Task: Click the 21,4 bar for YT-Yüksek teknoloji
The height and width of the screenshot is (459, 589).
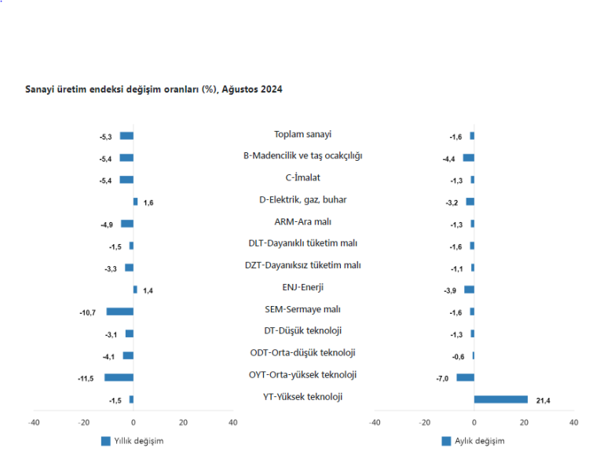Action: tap(501, 399)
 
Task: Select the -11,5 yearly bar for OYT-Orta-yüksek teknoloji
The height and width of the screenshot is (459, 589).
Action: tap(119, 377)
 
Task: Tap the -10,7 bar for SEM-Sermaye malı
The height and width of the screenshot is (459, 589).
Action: tap(120, 311)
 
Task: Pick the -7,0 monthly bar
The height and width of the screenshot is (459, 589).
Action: tap(466, 377)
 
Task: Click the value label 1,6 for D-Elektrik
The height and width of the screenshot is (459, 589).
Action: tap(148, 202)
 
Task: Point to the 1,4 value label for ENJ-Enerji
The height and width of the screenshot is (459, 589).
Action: tap(148, 290)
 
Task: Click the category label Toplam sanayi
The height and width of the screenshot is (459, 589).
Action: tap(302, 134)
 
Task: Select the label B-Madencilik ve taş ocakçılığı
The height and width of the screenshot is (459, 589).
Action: tap(302, 156)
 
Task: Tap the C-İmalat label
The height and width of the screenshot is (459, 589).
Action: tap(302, 178)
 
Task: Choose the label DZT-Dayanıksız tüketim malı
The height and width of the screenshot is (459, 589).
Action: tap(302, 265)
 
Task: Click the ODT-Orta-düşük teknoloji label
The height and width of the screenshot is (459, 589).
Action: tap(302, 353)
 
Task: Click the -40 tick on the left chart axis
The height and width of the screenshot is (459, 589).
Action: tap(34, 422)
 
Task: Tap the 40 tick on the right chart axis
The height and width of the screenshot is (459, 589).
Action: tap(574, 422)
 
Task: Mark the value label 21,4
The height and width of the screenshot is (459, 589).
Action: tap(543, 400)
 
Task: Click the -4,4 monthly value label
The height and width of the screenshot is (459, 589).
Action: tap(449, 159)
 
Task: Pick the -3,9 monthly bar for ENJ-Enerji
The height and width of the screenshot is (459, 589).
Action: tap(470, 290)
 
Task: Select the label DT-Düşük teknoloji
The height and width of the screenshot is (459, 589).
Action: tap(302, 331)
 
